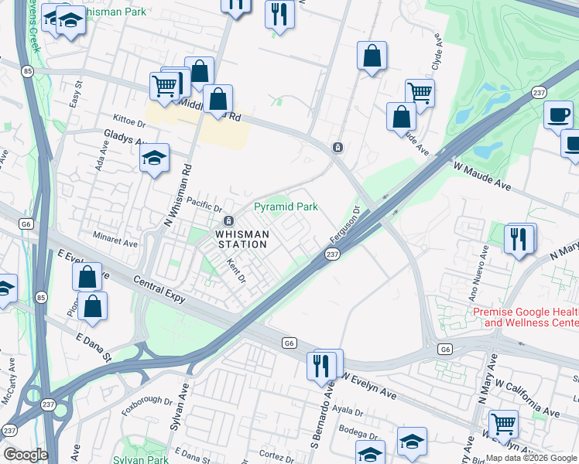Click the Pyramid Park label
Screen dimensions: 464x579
[x=286, y=207]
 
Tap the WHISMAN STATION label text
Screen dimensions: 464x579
[x=242, y=239]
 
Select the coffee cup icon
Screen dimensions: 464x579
[x=558, y=115]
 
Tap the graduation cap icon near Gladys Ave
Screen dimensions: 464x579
[x=155, y=159]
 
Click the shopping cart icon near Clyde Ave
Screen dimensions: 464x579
[x=419, y=93]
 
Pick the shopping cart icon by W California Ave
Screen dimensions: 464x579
[x=504, y=423]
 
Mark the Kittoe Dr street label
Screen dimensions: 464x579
[x=129, y=121]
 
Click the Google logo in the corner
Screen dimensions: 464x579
[x=26, y=455]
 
